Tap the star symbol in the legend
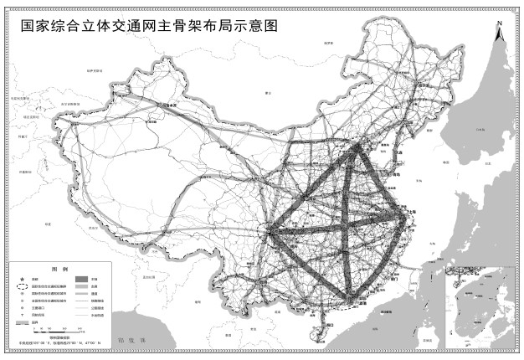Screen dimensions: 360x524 coord(22,278)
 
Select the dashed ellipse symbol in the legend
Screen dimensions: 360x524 coord(22,286)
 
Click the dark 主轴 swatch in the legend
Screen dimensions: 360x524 coord(82,278)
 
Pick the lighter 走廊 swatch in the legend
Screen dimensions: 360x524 coord(82,286)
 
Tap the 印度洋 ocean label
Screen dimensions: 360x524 coord(131,341)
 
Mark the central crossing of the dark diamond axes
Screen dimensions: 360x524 coord(344,224)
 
